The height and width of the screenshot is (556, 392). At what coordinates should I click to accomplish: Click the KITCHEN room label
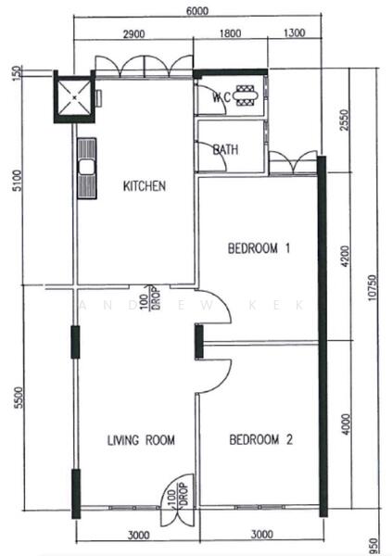pos(145,186)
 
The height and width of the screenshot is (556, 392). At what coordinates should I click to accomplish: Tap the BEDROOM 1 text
pos(260,248)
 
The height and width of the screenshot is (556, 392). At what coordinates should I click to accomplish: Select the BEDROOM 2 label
pos(261,440)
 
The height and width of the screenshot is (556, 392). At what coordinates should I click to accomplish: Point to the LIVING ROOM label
pos(141,440)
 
